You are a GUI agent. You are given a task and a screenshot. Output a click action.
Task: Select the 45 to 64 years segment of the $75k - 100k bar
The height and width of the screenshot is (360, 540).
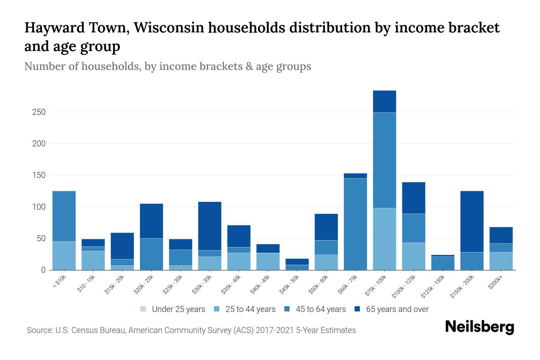pyautogui.click(x=384, y=160)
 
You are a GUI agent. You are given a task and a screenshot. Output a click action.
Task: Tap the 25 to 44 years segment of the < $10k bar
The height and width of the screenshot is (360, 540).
pyautogui.click(x=64, y=256)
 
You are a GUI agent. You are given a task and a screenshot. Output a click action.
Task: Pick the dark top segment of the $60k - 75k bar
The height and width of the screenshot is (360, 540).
pyautogui.click(x=355, y=176)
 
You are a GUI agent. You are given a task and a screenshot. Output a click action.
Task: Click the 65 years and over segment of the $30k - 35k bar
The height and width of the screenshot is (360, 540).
pyautogui.click(x=210, y=226)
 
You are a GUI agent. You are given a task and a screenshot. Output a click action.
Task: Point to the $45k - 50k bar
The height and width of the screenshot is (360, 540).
pyautogui.click(x=297, y=264)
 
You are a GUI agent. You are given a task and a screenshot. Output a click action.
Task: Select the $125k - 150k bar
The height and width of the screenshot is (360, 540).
pyautogui.click(x=443, y=262)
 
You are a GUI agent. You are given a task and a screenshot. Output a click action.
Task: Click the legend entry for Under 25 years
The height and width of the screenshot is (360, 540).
pyautogui.click(x=173, y=309)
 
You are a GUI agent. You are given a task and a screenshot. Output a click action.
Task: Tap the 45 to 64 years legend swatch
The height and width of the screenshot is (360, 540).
pyautogui.click(x=287, y=309)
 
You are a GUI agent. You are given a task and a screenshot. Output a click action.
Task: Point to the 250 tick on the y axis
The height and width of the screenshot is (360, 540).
pyautogui.click(x=39, y=112)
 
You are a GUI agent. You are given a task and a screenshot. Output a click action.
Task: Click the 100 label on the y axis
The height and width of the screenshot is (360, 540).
pyautogui.click(x=39, y=207)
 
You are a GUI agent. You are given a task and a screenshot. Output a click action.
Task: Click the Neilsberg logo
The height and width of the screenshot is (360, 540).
pyautogui.click(x=479, y=327)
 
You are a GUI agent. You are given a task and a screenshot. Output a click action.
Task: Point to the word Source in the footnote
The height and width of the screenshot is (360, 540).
pyautogui.click(x=39, y=330)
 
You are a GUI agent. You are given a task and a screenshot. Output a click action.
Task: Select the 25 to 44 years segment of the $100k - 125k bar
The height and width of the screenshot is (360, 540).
pyautogui.click(x=413, y=256)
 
